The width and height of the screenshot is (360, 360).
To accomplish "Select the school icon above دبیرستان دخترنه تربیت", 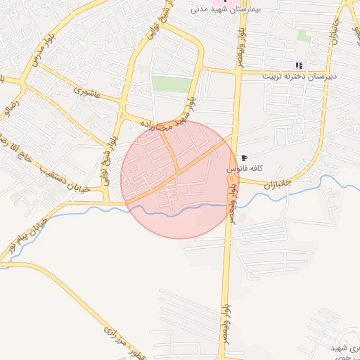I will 299,65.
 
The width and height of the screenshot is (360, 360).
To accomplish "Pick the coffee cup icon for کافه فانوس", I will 244,158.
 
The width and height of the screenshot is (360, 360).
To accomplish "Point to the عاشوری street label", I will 86,89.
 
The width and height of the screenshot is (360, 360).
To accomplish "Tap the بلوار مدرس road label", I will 39,49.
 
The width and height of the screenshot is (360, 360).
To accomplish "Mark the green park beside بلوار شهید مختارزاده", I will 172,84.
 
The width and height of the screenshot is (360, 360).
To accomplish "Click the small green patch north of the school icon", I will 303,35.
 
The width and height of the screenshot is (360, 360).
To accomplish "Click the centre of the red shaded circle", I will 179,180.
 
